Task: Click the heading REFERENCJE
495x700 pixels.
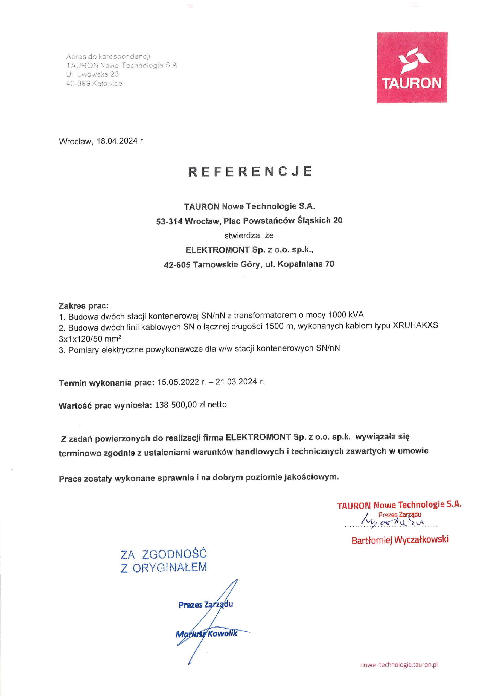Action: pyautogui.click(x=250, y=171)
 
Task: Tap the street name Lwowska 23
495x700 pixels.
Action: pyautogui.click(x=98, y=74)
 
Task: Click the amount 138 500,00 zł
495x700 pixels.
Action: pyautogui.click(x=180, y=405)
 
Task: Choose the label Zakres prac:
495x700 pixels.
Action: pyautogui.click(x=84, y=305)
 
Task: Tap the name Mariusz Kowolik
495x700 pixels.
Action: pyautogui.click(x=206, y=634)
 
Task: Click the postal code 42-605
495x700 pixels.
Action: pyautogui.click(x=177, y=265)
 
